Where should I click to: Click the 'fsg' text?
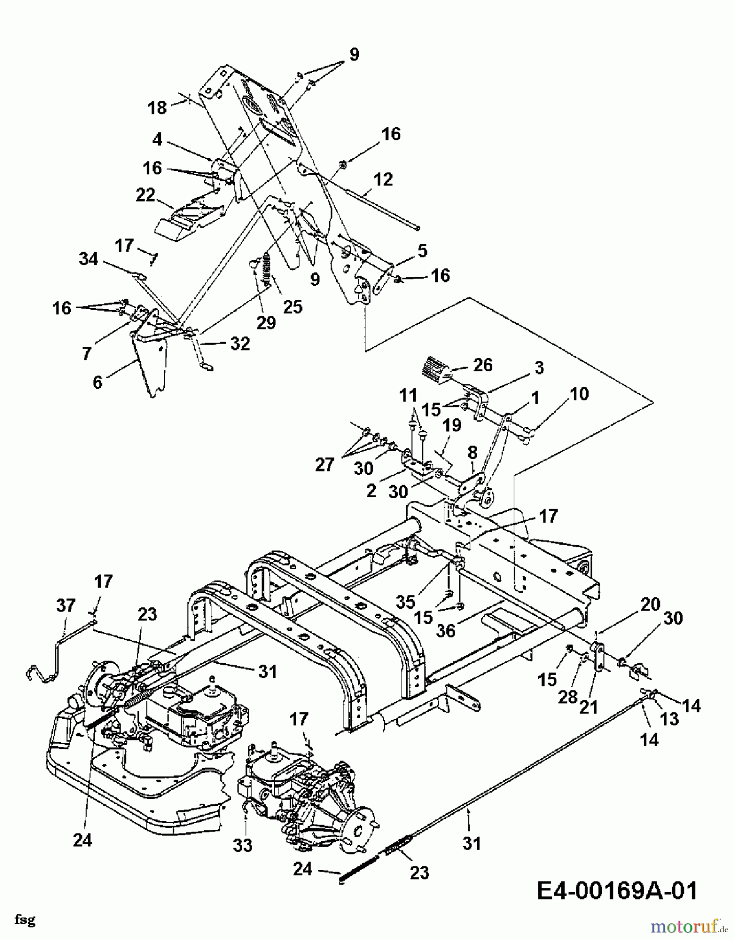(x=25, y=920)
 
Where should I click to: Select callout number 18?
(x=157, y=108)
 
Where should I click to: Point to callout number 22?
(x=145, y=195)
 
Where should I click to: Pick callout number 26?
(x=483, y=365)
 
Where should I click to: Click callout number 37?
(x=66, y=606)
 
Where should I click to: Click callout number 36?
(x=446, y=631)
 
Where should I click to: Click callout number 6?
(x=98, y=382)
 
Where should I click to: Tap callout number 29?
(x=266, y=322)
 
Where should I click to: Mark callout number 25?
(x=292, y=307)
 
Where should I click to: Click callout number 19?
(x=452, y=425)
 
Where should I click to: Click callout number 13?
(x=669, y=719)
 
